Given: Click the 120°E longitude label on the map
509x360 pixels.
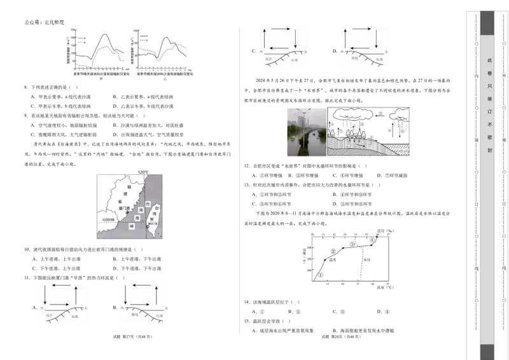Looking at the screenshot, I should tap(143, 172).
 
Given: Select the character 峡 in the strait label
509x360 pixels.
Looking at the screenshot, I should tap(132, 226).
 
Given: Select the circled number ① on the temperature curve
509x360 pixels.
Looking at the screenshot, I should tap(321, 275).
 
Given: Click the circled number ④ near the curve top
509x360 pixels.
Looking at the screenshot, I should tap(372, 240).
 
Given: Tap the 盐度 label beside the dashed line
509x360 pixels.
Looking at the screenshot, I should tap(366, 260).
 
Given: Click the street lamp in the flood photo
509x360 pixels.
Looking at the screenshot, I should tap(305, 127).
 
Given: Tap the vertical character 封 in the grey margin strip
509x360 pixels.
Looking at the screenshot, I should tap(489, 150).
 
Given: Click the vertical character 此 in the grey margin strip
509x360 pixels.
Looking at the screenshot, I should tap(489, 60).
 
